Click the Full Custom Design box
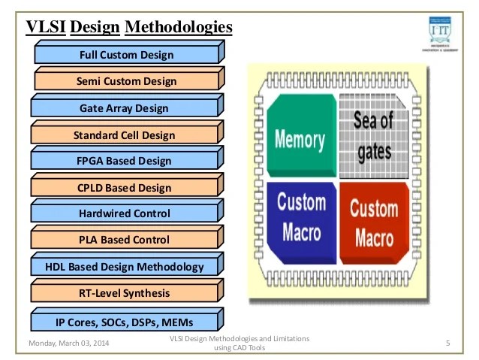pyautogui.click(x=126, y=55)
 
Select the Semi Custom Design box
pyautogui.click(x=126, y=81)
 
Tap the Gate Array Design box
pyautogui.click(x=126, y=108)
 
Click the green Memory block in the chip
pyautogui.click(x=300, y=137)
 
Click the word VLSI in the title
pyautogui.click(x=45, y=28)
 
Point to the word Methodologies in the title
pyautogui.click(x=178, y=28)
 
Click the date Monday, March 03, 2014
pyautogui.click(x=68, y=343)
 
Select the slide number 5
pyautogui.click(x=447, y=344)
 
